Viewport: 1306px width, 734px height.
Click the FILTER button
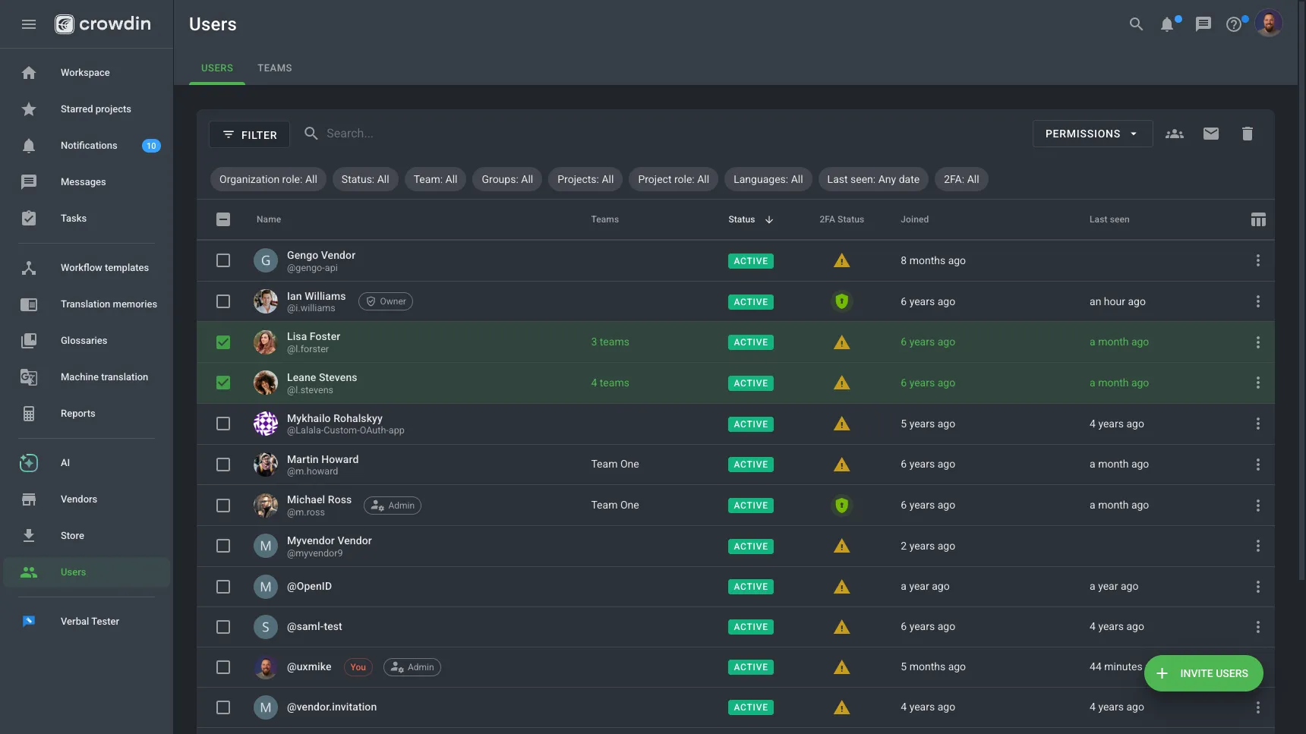[x=249, y=134]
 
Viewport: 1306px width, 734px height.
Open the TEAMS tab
[x=274, y=68]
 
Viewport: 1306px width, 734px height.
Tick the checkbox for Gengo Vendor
[x=223, y=260]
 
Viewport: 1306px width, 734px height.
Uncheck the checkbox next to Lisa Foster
[x=223, y=342]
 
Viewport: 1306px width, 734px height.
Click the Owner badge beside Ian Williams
[x=386, y=301]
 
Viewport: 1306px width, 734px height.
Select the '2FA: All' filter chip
[x=961, y=179]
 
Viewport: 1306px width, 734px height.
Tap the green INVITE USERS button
[x=1203, y=673]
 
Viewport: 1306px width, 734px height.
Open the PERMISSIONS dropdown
[x=1092, y=134]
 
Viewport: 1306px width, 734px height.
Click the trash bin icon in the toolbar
[x=1247, y=134]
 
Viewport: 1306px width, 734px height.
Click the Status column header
[x=742, y=219]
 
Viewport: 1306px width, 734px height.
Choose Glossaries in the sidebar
[x=84, y=341]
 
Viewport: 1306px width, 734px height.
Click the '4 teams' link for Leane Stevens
[x=610, y=383]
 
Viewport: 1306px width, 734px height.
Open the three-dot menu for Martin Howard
[x=1257, y=465]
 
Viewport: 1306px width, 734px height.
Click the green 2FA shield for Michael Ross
[x=841, y=506]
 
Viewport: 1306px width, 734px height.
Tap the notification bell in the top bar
[x=1167, y=24]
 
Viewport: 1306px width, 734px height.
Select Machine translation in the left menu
[x=104, y=377]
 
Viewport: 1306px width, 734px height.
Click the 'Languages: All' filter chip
[x=768, y=179]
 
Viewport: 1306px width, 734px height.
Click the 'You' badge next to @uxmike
[x=358, y=667]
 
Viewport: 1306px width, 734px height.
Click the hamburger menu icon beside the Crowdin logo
[x=29, y=24]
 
